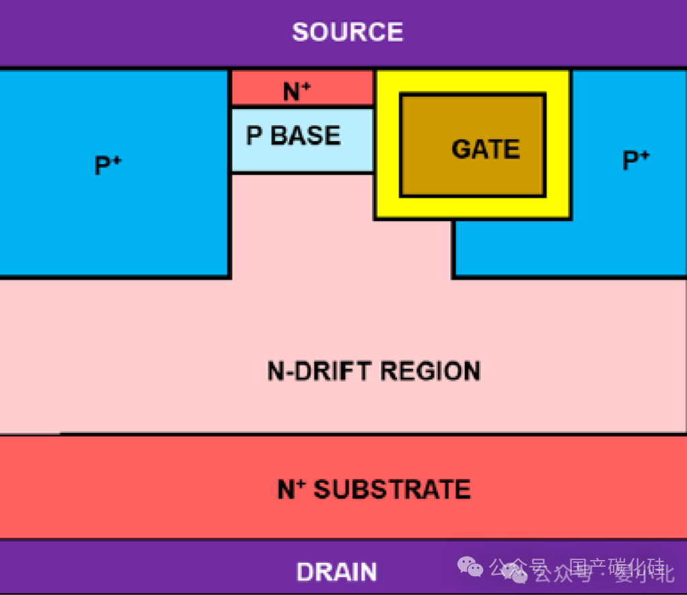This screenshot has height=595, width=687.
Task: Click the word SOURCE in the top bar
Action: [x=347, y=32]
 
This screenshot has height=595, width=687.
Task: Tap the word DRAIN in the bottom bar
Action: [x=336, y=572]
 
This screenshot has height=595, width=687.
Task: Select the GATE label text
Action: [x=486, y=149]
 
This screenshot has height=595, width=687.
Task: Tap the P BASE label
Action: [x=293, y=136]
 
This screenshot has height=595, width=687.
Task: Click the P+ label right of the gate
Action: [x=636, y=161]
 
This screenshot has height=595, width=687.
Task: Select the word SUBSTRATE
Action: [x=392, y=489]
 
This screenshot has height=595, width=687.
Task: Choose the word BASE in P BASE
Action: [x=305, y=136]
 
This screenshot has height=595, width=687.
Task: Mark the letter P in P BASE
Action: [x=254, y=136]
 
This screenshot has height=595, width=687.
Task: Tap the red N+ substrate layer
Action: [x=135, y=487]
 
